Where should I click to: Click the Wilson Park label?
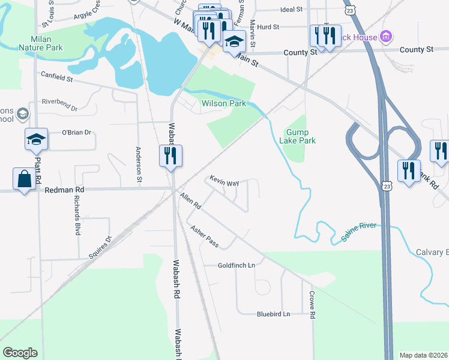(x=224, y=103)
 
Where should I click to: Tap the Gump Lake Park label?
(x=301, y=136)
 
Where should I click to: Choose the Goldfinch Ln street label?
(x=237, y=265)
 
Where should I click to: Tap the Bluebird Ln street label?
(x=273, y=314)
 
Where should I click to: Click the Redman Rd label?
(x=65, y=190)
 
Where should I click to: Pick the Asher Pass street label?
(x=203, y=236)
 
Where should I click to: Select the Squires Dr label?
(x=100, y=247)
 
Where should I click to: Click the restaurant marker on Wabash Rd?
(x=170, y=157)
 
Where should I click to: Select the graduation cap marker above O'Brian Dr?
(x=36, y=140)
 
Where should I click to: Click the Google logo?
(x=20, y=353)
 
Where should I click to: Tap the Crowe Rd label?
(x=312, y=305)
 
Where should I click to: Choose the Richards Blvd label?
(x=77, y=221)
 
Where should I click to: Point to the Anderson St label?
(x=138, y=164)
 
